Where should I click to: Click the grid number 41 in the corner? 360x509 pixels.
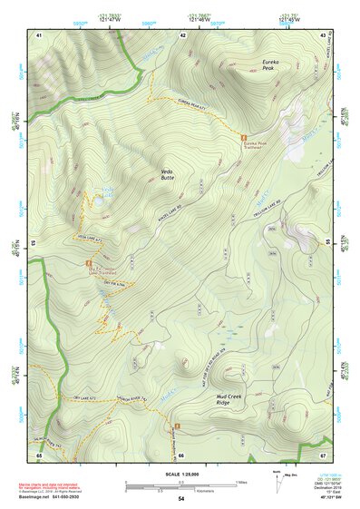coord(39,34)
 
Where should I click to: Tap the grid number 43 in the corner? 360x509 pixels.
coord(324,34)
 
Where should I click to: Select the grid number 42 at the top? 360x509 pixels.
coord(183,34)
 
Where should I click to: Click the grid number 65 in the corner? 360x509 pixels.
coord(39,454)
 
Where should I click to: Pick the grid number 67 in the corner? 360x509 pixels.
coord(324,454)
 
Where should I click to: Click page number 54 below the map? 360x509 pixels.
coord(181,498)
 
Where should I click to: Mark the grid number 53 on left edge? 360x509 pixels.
coord(34,243)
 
